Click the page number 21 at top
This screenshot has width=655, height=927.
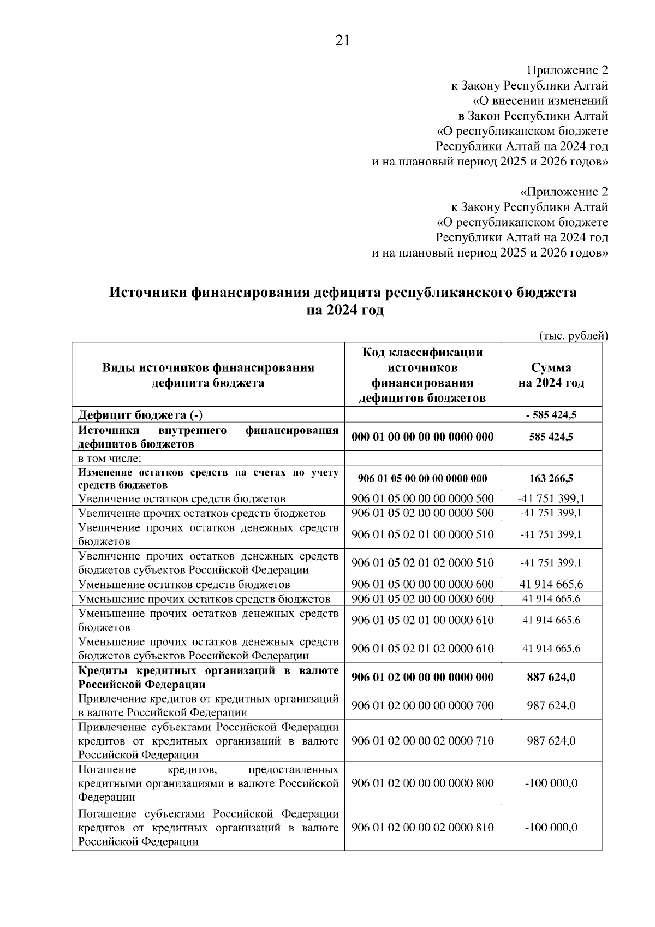[x=342, y=41]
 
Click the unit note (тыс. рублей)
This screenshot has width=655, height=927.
[x=573, y=336]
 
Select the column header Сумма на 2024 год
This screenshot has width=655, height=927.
[x=551, y=375]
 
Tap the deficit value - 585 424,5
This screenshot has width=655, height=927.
[x=551, y=415]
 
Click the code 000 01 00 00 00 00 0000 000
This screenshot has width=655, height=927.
[x=422, y=437]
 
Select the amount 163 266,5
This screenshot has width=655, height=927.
[x=551, y=479]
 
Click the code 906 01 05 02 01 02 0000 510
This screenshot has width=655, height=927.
[x=422, y=563]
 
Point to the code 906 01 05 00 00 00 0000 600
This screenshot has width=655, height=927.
[x=422, y=584]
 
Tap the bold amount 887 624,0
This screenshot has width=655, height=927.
[x=551, y=678]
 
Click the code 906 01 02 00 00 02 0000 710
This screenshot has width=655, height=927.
[x=422, y=741]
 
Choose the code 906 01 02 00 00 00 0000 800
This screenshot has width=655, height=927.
[x=422, y=783]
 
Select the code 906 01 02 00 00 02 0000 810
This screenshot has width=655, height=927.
[x=422, y=828]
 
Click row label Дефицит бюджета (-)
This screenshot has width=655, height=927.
[x=141, y=415]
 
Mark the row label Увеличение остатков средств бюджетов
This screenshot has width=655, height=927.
[x=182, y=498]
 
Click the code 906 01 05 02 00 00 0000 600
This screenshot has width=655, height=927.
[x=422, y=598]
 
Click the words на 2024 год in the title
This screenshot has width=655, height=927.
[x=344, y=311]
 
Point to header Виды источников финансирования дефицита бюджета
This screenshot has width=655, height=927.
[x=208, y=375]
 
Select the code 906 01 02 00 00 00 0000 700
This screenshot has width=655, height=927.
[x=422, y=705]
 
